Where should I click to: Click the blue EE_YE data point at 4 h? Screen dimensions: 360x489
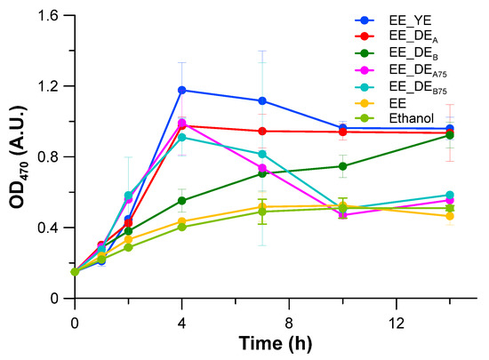[182, 90]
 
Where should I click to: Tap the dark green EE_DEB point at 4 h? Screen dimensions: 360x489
[182, 200]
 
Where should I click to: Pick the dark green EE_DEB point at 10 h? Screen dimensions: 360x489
[342, 166]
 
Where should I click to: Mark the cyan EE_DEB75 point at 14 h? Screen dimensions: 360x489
[450, 195]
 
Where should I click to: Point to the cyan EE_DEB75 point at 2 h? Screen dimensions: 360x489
[128, 195]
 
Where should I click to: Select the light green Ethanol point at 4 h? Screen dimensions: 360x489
[182, 227]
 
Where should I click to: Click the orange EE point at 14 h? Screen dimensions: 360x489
[450, 216]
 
